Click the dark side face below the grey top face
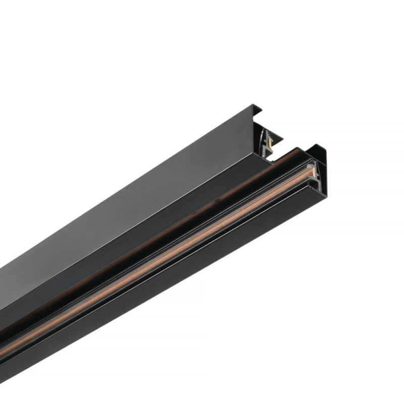[x=101, y=258]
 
